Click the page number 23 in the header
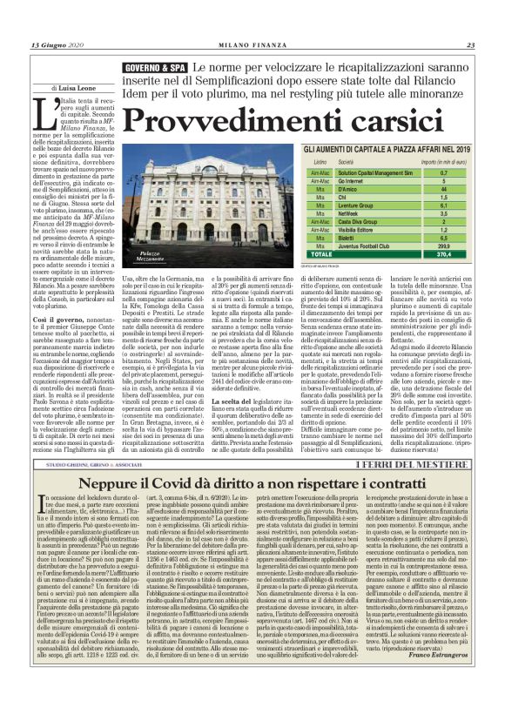pyautogui.click(x=470, y=45)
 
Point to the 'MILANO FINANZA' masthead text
pyautogui.click(x=252, y=45)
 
